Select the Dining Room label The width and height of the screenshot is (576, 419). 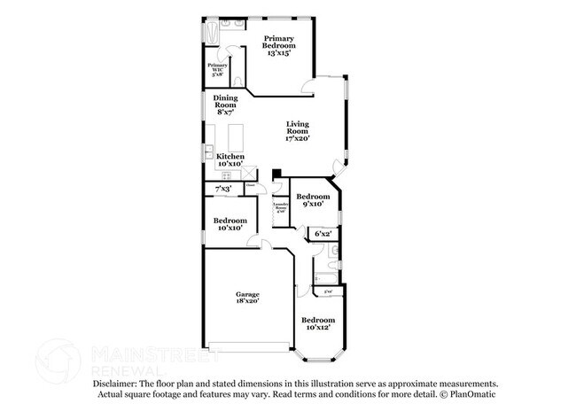tap(225, 105)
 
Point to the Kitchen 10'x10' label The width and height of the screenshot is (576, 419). tap(230, 159)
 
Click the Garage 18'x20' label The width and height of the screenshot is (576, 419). tap(247, 298)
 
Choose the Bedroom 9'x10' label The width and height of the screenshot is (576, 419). tap(313, 200)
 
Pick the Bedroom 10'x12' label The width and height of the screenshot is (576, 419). tap(318, 323)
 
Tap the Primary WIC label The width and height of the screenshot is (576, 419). tap(218, 69)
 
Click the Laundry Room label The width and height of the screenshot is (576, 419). tap(281, 208)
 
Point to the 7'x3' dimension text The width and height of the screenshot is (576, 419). tap(223, 189)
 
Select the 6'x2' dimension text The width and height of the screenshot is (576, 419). tap(323, 234)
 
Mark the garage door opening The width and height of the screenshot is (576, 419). tap(247, 345)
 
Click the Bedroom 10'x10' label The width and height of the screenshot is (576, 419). tap(230, 224)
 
